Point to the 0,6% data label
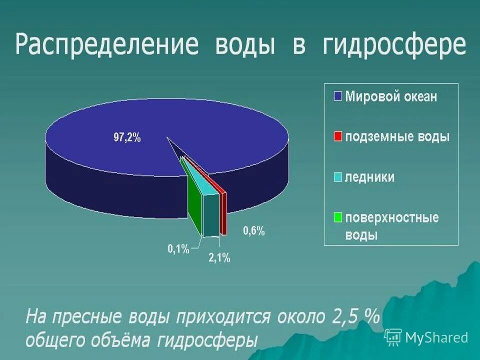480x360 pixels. tap(253, 231)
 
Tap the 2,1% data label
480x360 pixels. tap(219, 258)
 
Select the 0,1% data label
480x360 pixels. tap(178, 248)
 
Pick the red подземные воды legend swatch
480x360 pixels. tap(337, 136)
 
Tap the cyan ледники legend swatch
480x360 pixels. tap(337, 177)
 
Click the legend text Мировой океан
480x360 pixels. tap(391, 96)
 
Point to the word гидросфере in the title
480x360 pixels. tap(394, 44)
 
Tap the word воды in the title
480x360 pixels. tap(245, 44)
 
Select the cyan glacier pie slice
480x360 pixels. tap(211, 212)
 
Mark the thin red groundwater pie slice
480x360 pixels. tap(223, 210)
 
